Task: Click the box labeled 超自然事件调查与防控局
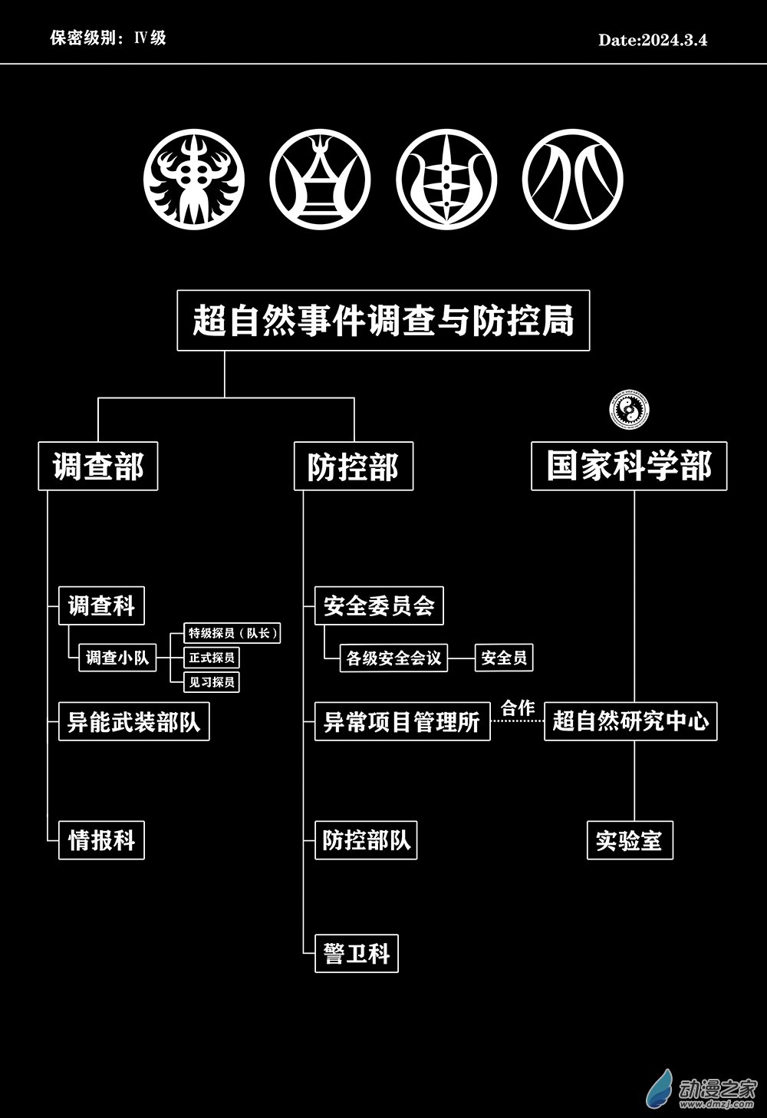[383, 320]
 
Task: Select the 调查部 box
[98, 466]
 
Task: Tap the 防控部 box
[354, 466]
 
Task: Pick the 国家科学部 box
[629, 466]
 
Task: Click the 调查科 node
[101, 606]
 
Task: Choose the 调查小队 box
[117, 658]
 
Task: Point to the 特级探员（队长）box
[233, 633]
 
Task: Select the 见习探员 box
[212, 681]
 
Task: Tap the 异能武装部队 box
[133, 722]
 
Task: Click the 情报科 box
[101, 840]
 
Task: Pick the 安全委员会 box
[379, 606]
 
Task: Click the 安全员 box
[504, 658]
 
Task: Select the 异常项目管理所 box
[402, 722]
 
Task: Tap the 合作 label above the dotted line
[518, 707]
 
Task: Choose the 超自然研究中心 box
[630, 722]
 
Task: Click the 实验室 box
[630, 840]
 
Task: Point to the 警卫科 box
[357, 954]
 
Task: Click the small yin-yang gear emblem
[630, 411]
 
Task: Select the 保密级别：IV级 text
[108, 38]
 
